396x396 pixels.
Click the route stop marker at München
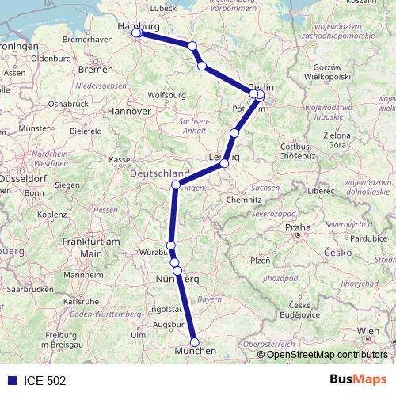[x=195, y=342]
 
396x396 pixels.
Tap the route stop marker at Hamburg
[x=136, y=32]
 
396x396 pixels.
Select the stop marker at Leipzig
[x=225, y=163]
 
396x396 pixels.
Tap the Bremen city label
[x=96, y=70]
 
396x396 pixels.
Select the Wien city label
[x=368, y=329]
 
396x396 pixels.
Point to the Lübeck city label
[x=162, y=8]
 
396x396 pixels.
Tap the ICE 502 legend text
[x=44, y=380]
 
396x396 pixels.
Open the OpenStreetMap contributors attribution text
[x=326, y=355]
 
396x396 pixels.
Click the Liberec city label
[x=322, y=191]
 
